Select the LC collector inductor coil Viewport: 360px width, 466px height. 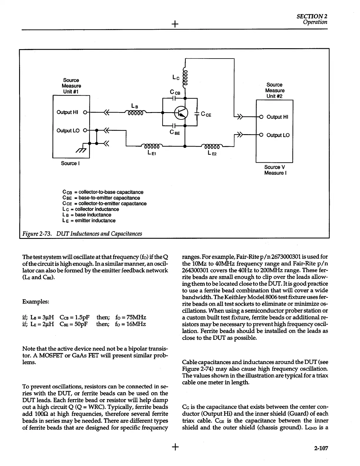pos(185,79)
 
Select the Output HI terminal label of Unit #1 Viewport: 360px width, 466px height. pos(67,112)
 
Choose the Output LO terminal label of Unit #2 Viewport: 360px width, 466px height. pos(278,135)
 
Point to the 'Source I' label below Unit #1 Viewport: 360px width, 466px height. pos(69,163)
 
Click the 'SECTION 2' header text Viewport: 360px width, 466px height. pos(312,16)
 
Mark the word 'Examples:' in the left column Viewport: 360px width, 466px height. pos(36,302)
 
